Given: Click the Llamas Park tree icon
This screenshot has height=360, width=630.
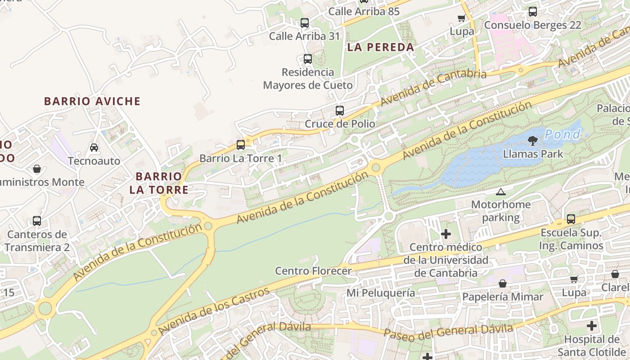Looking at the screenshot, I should (x=533, y=141).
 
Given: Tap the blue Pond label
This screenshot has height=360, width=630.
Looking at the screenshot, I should (x=562, y=134).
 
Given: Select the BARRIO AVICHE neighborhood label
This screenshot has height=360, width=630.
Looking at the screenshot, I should (x=92, y=101).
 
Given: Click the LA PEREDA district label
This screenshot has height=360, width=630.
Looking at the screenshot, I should (x=381, y=47).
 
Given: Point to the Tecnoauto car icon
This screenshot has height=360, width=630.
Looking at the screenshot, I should (x=94, y=147).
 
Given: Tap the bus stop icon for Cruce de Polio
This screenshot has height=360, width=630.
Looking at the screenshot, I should (x=340, y=110).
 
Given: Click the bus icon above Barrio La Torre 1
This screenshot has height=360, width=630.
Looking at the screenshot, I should (x=241, y=144).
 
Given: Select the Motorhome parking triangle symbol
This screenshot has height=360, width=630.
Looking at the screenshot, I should (x=500, y=192).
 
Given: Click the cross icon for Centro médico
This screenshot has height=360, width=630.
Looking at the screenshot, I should (x=446, y=234).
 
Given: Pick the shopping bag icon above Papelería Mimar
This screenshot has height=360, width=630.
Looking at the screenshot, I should (x=503, y=283).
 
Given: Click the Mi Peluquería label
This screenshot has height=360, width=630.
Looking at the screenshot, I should (x=381, y=293).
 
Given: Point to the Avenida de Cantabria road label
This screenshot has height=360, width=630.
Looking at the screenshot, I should (x=433, y=87).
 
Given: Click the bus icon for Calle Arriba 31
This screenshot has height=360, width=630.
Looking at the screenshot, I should (x=305, y=22).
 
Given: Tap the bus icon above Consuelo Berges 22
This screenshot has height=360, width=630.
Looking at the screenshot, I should (x=533, y=12).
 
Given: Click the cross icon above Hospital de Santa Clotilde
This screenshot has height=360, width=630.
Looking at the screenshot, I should (x=592, y=325).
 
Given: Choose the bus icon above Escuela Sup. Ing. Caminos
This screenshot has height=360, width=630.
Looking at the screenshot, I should (x=571, y=219).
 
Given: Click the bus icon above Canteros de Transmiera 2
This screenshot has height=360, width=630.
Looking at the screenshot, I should (x=37, y=221).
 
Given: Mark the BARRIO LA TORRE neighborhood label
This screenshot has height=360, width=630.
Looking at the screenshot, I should (x=159, y=183).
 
